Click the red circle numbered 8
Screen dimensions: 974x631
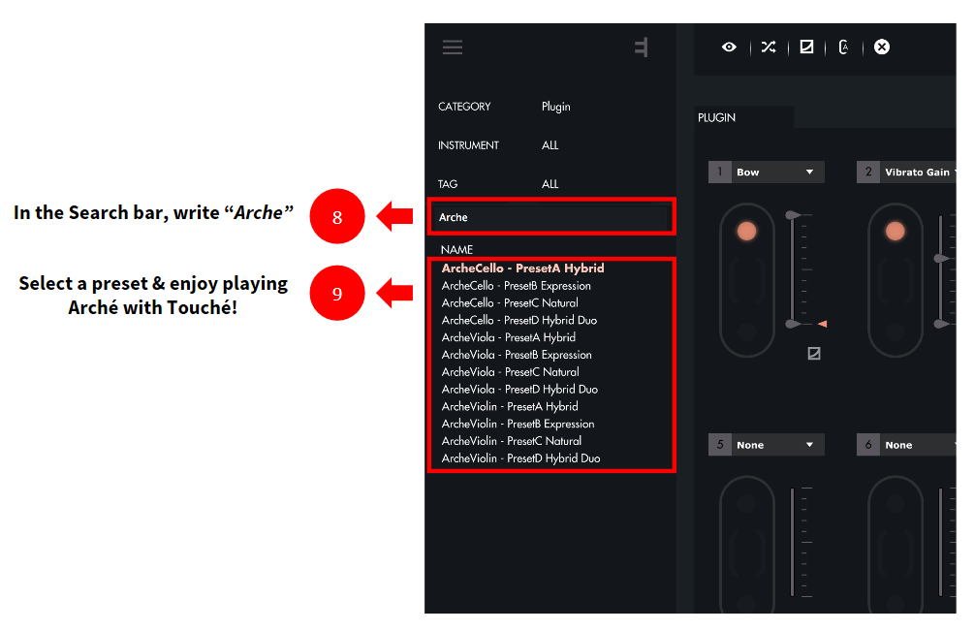(336, 216)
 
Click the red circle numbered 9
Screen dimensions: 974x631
(336, 293)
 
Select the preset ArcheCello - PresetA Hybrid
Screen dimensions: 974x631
(522, 268)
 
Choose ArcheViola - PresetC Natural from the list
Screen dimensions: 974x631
(510, 372)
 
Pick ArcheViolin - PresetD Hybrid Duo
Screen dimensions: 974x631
(520, 458)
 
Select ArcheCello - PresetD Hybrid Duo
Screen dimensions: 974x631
(518, 321)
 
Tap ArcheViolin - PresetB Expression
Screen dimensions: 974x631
(518, 424)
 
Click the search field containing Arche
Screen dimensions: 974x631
(550, 217)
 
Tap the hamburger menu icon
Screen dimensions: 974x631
(453, 47)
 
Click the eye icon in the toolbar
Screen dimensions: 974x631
(729, 47)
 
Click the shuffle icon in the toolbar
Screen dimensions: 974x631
(769, 47)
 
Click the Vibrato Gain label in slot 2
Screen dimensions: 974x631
(917, 172)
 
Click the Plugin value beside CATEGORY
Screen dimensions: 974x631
(555, 107)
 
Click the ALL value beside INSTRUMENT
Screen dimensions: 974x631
(550, 145)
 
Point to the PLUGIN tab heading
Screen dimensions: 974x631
(716, 118)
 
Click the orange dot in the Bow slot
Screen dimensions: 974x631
(746, 231)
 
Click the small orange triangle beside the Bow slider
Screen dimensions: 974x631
(823, 324)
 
